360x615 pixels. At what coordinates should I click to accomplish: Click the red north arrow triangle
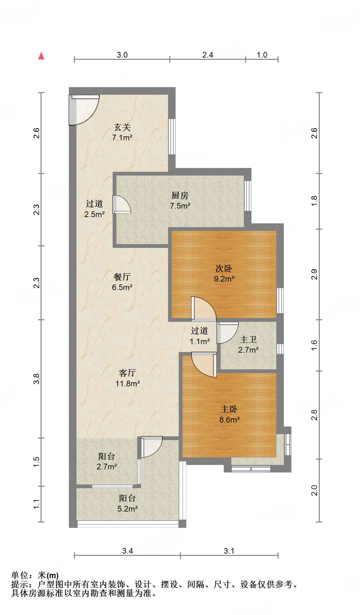coord(41,56)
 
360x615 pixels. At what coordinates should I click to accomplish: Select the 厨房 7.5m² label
coord(180,200)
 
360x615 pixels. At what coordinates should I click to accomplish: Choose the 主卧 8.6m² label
coord(229,414)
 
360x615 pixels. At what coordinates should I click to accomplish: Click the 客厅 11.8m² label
coord(127,378)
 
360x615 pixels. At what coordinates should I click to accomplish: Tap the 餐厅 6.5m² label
coord(122,282)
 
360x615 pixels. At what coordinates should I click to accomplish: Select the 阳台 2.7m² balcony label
coord(107,461)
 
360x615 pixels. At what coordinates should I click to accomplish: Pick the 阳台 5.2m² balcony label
coord(127,503)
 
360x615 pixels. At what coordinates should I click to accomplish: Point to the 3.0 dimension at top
coord(122,55)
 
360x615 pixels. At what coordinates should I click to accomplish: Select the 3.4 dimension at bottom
coord(127,551)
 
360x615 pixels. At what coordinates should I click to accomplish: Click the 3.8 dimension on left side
coord(37,378)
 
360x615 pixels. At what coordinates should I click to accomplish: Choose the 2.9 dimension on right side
coord(314,274)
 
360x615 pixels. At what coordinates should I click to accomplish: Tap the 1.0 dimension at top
coord(262,55)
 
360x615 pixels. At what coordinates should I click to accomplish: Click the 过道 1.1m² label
coord(200,336)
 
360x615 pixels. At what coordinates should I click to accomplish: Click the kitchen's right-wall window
coord(248,195)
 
